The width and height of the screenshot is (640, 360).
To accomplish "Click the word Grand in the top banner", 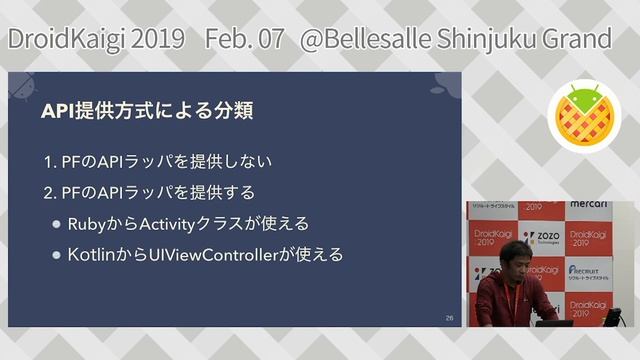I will (x=576, y=39).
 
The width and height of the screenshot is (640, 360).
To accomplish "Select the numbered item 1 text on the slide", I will (x=158, y=161).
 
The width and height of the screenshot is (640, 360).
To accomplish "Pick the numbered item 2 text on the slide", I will (x=150, y=191).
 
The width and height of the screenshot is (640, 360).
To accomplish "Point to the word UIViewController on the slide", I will (x=213, y=255).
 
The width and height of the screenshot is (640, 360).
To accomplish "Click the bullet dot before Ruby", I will (x=56, y=223).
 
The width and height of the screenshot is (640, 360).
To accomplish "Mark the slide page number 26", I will (x=449, y=317).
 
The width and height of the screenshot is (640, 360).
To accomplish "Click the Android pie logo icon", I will (x=584, y=117).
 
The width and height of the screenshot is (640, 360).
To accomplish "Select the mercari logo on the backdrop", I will (x=589, y=204).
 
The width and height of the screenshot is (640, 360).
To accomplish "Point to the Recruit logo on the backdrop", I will (x=589, y=272).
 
